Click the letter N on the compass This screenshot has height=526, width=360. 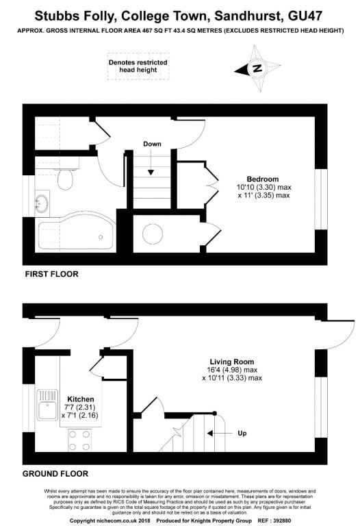pos(257,68)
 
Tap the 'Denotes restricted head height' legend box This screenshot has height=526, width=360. pos(138,66)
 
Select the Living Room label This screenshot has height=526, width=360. pos(231,362)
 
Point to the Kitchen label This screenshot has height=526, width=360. pos(81,399)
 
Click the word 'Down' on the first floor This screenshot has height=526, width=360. pos(152,144)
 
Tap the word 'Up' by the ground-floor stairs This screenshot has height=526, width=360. pos(242,433)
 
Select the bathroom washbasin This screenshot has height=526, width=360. pos(42,203)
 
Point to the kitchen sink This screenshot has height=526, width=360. pos(47,405)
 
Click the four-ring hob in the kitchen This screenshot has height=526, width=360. pos(79,440)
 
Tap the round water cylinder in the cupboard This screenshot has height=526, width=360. pos(153,234)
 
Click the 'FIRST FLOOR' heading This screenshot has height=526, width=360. pos(51,274)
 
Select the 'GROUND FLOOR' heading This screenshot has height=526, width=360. pos(55,474)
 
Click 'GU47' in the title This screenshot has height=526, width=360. pos(305,16)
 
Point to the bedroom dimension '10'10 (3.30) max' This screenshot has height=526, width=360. pos(264,187)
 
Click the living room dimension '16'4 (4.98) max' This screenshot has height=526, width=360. pos(232,370)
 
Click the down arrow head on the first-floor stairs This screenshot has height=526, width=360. pos(151,173)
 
